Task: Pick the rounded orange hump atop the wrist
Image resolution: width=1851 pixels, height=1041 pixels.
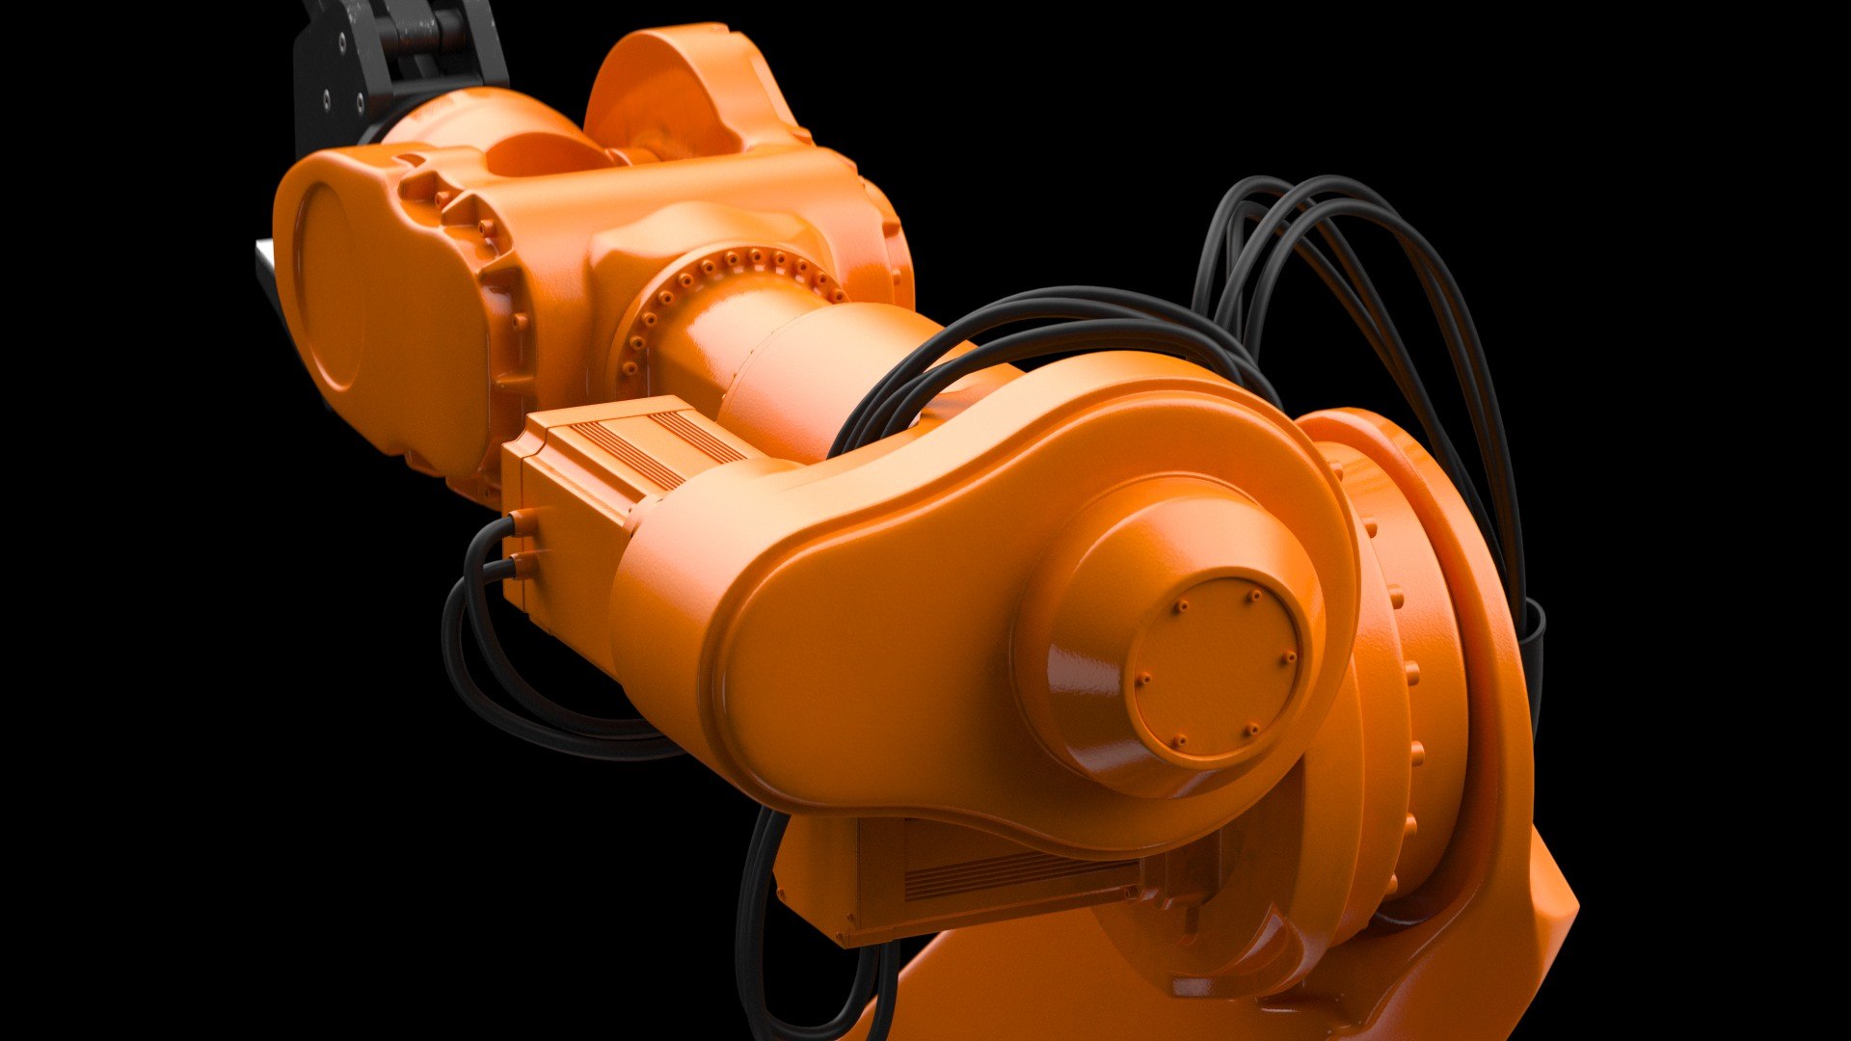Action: (x=675, y=87)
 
